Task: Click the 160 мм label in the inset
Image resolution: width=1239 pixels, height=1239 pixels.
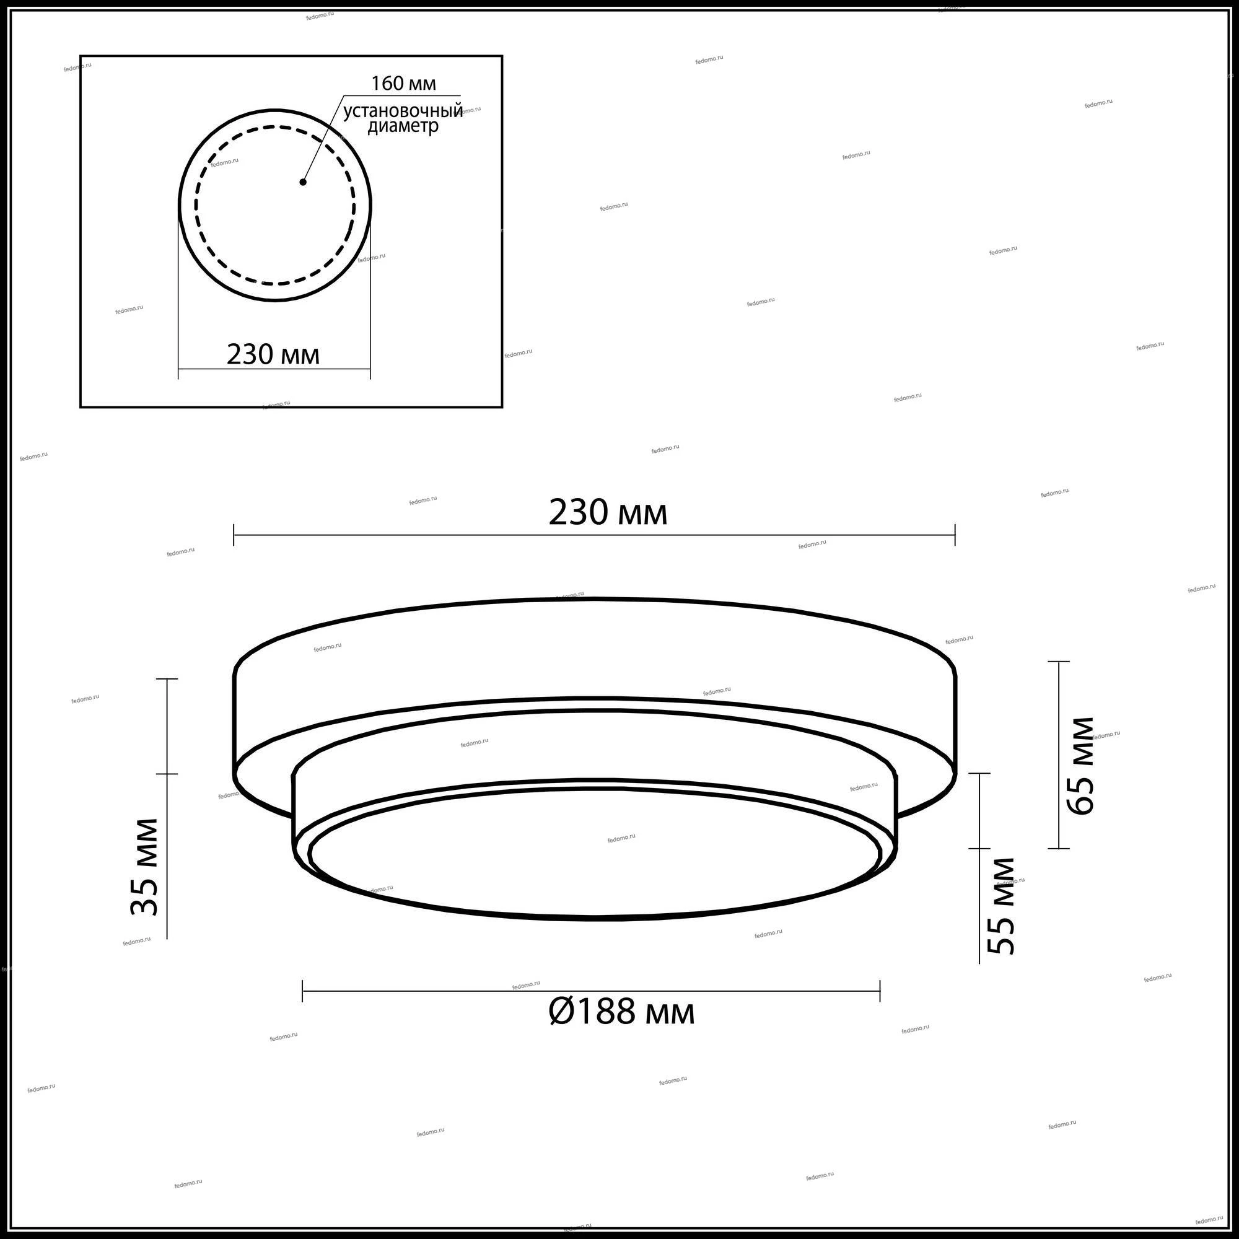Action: click(x=403, y=84)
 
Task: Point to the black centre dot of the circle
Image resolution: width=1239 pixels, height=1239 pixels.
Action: click(x=303, y=182)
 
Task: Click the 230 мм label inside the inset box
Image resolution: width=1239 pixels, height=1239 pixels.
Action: click(x=273, y=354)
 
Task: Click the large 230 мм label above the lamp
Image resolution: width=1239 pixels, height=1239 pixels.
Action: click(x=608, y=513)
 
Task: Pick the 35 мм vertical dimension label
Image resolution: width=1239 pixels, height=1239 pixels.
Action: click(x=144, y=867)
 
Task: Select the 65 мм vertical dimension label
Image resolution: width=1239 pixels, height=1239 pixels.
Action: click(x=1080, y=765)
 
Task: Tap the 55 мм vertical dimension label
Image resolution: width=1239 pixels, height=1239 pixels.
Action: click(x=1001, y=906)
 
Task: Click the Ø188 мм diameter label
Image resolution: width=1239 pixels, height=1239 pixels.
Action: click(x=621, y=1012)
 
